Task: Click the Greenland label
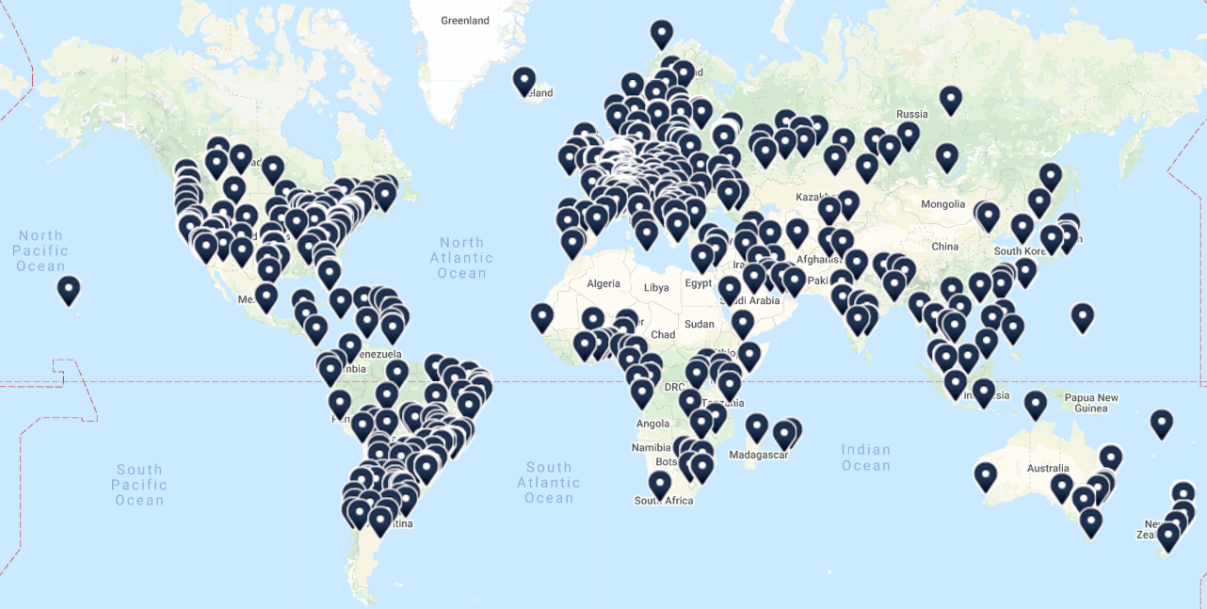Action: pyautogui.click(x=465, y=20)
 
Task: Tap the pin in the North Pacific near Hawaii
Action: pyautogui.click(x=69, y=290)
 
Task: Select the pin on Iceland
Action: pyautogui.click(x=524, y=82)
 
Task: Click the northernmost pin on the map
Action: pyautogui.click(x=662, y=35)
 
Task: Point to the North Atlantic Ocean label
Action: pyautogui.click(x=461, y=257)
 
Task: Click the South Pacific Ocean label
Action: pyautogui.click(x=139, y=484)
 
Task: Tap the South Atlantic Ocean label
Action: pyautogui.click(x=549, y=482)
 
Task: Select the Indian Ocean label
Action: pyautogui.click(x=865, y=457)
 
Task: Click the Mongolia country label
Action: pyautogui.click(x=943, y=204)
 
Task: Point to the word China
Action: pyautogui.click(x=944, y=247)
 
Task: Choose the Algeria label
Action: pyautogui.click(x=603, y=283)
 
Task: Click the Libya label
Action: pyautogui.click(x=655, y=287)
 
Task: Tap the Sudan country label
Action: pyautogui.click(x=700, y=324)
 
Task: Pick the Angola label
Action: pyautogui.click(x=652, y=424)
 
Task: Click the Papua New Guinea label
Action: pyautogui.click(x=1092, y=403)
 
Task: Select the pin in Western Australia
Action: pyautogui.click(x=985, y=476)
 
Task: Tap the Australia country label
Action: pyautogui.click(x=1048, y=469)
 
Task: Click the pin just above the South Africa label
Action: pyautogui.click(x=660, y=484)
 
